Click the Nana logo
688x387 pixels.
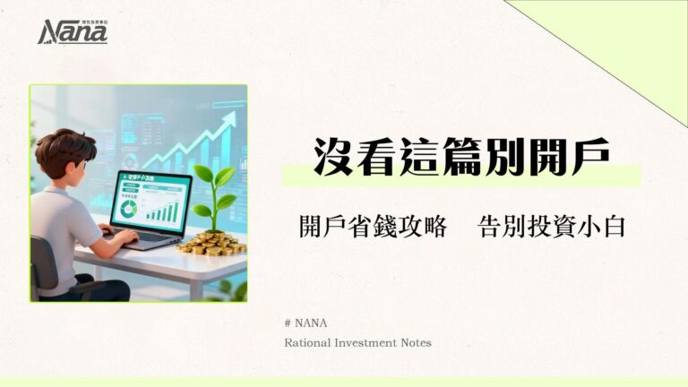(73, 32)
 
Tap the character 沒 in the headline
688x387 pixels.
(331, 158)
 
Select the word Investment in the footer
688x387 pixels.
(370, 342)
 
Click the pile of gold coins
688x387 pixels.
(211, 243)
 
